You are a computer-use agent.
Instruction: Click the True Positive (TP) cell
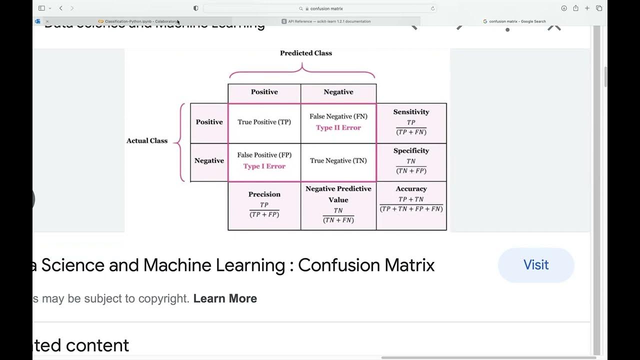coord(264,122)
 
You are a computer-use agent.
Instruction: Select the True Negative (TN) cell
coord(338,160)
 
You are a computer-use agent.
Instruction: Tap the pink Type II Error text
coord(338,127)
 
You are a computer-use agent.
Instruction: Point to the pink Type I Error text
coord(264,166)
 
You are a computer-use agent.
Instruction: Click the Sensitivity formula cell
coord(411,122)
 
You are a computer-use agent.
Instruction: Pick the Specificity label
coord(411,150)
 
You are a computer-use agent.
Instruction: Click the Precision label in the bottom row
coord(264,194)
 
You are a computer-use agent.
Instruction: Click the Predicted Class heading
coord(305,53)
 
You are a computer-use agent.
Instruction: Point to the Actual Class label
coord(147,141)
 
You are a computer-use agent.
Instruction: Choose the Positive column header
coord(264,92)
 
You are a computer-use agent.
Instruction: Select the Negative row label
coord(209,160)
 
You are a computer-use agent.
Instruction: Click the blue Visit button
coord(535,265)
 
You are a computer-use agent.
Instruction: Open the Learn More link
coord(225,298)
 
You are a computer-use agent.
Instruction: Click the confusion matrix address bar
coord(320,8)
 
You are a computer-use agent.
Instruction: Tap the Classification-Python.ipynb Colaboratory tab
coord(139,21)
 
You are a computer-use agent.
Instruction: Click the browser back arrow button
coord(61,8)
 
